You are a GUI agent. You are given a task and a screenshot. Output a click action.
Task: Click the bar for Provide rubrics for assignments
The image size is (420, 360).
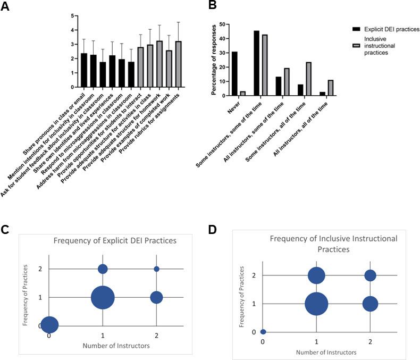click(x=179, y=64)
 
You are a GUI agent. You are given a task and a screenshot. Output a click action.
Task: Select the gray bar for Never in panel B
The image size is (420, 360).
click(x=242, y=93)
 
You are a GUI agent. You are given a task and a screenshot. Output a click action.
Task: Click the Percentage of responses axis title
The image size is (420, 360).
click(x=214, y=60)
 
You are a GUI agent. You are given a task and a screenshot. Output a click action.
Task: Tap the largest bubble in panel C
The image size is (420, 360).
click(x=103, y=297)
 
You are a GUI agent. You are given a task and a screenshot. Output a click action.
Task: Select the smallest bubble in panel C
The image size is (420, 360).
click(x=156, y=269)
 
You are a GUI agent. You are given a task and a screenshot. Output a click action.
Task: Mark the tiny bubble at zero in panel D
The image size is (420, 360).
click(x=263, y=332)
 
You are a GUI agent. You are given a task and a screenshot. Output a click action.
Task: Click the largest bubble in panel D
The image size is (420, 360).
click(x=316, y=304)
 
